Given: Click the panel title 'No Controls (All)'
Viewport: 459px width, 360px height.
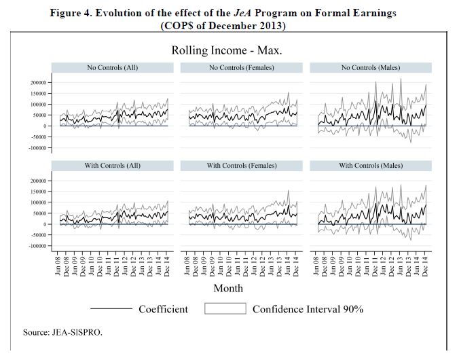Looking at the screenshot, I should (x=113, y=68).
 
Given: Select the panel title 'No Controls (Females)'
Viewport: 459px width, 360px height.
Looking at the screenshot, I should (x=242, y=68).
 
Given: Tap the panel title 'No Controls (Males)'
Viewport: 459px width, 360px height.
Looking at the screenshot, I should (x=371, y=68).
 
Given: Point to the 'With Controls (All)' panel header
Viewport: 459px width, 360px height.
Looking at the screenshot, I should (x=113, y=166).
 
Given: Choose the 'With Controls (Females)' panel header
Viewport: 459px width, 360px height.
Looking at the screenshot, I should (x=242, y=166).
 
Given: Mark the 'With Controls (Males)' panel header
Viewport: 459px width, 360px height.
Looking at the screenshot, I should (x=371, y=166).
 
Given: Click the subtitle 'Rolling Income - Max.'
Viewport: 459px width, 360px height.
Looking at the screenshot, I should (x=227, y=50).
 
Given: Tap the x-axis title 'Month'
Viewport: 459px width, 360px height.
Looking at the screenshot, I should (x=228, y=288).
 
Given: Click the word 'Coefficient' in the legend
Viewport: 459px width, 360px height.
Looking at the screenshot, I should (x=163, y=309).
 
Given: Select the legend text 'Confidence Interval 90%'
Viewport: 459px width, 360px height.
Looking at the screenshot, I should (x=308, y=309).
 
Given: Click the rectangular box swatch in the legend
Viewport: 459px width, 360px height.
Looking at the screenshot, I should (x=224, y=309).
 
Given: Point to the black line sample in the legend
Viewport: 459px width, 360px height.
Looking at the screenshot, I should (x=111, y=309).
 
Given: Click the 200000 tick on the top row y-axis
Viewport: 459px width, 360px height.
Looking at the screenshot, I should (x=37, y=83).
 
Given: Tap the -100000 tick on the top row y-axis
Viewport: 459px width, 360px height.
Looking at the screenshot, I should (x=36, y=147).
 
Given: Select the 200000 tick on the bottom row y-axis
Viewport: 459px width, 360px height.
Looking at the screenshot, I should (x=37, y=181).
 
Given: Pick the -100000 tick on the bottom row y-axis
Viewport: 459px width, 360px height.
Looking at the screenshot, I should (x=36, y=246).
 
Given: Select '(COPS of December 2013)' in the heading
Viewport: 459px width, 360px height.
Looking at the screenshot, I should (x=223, y=26).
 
